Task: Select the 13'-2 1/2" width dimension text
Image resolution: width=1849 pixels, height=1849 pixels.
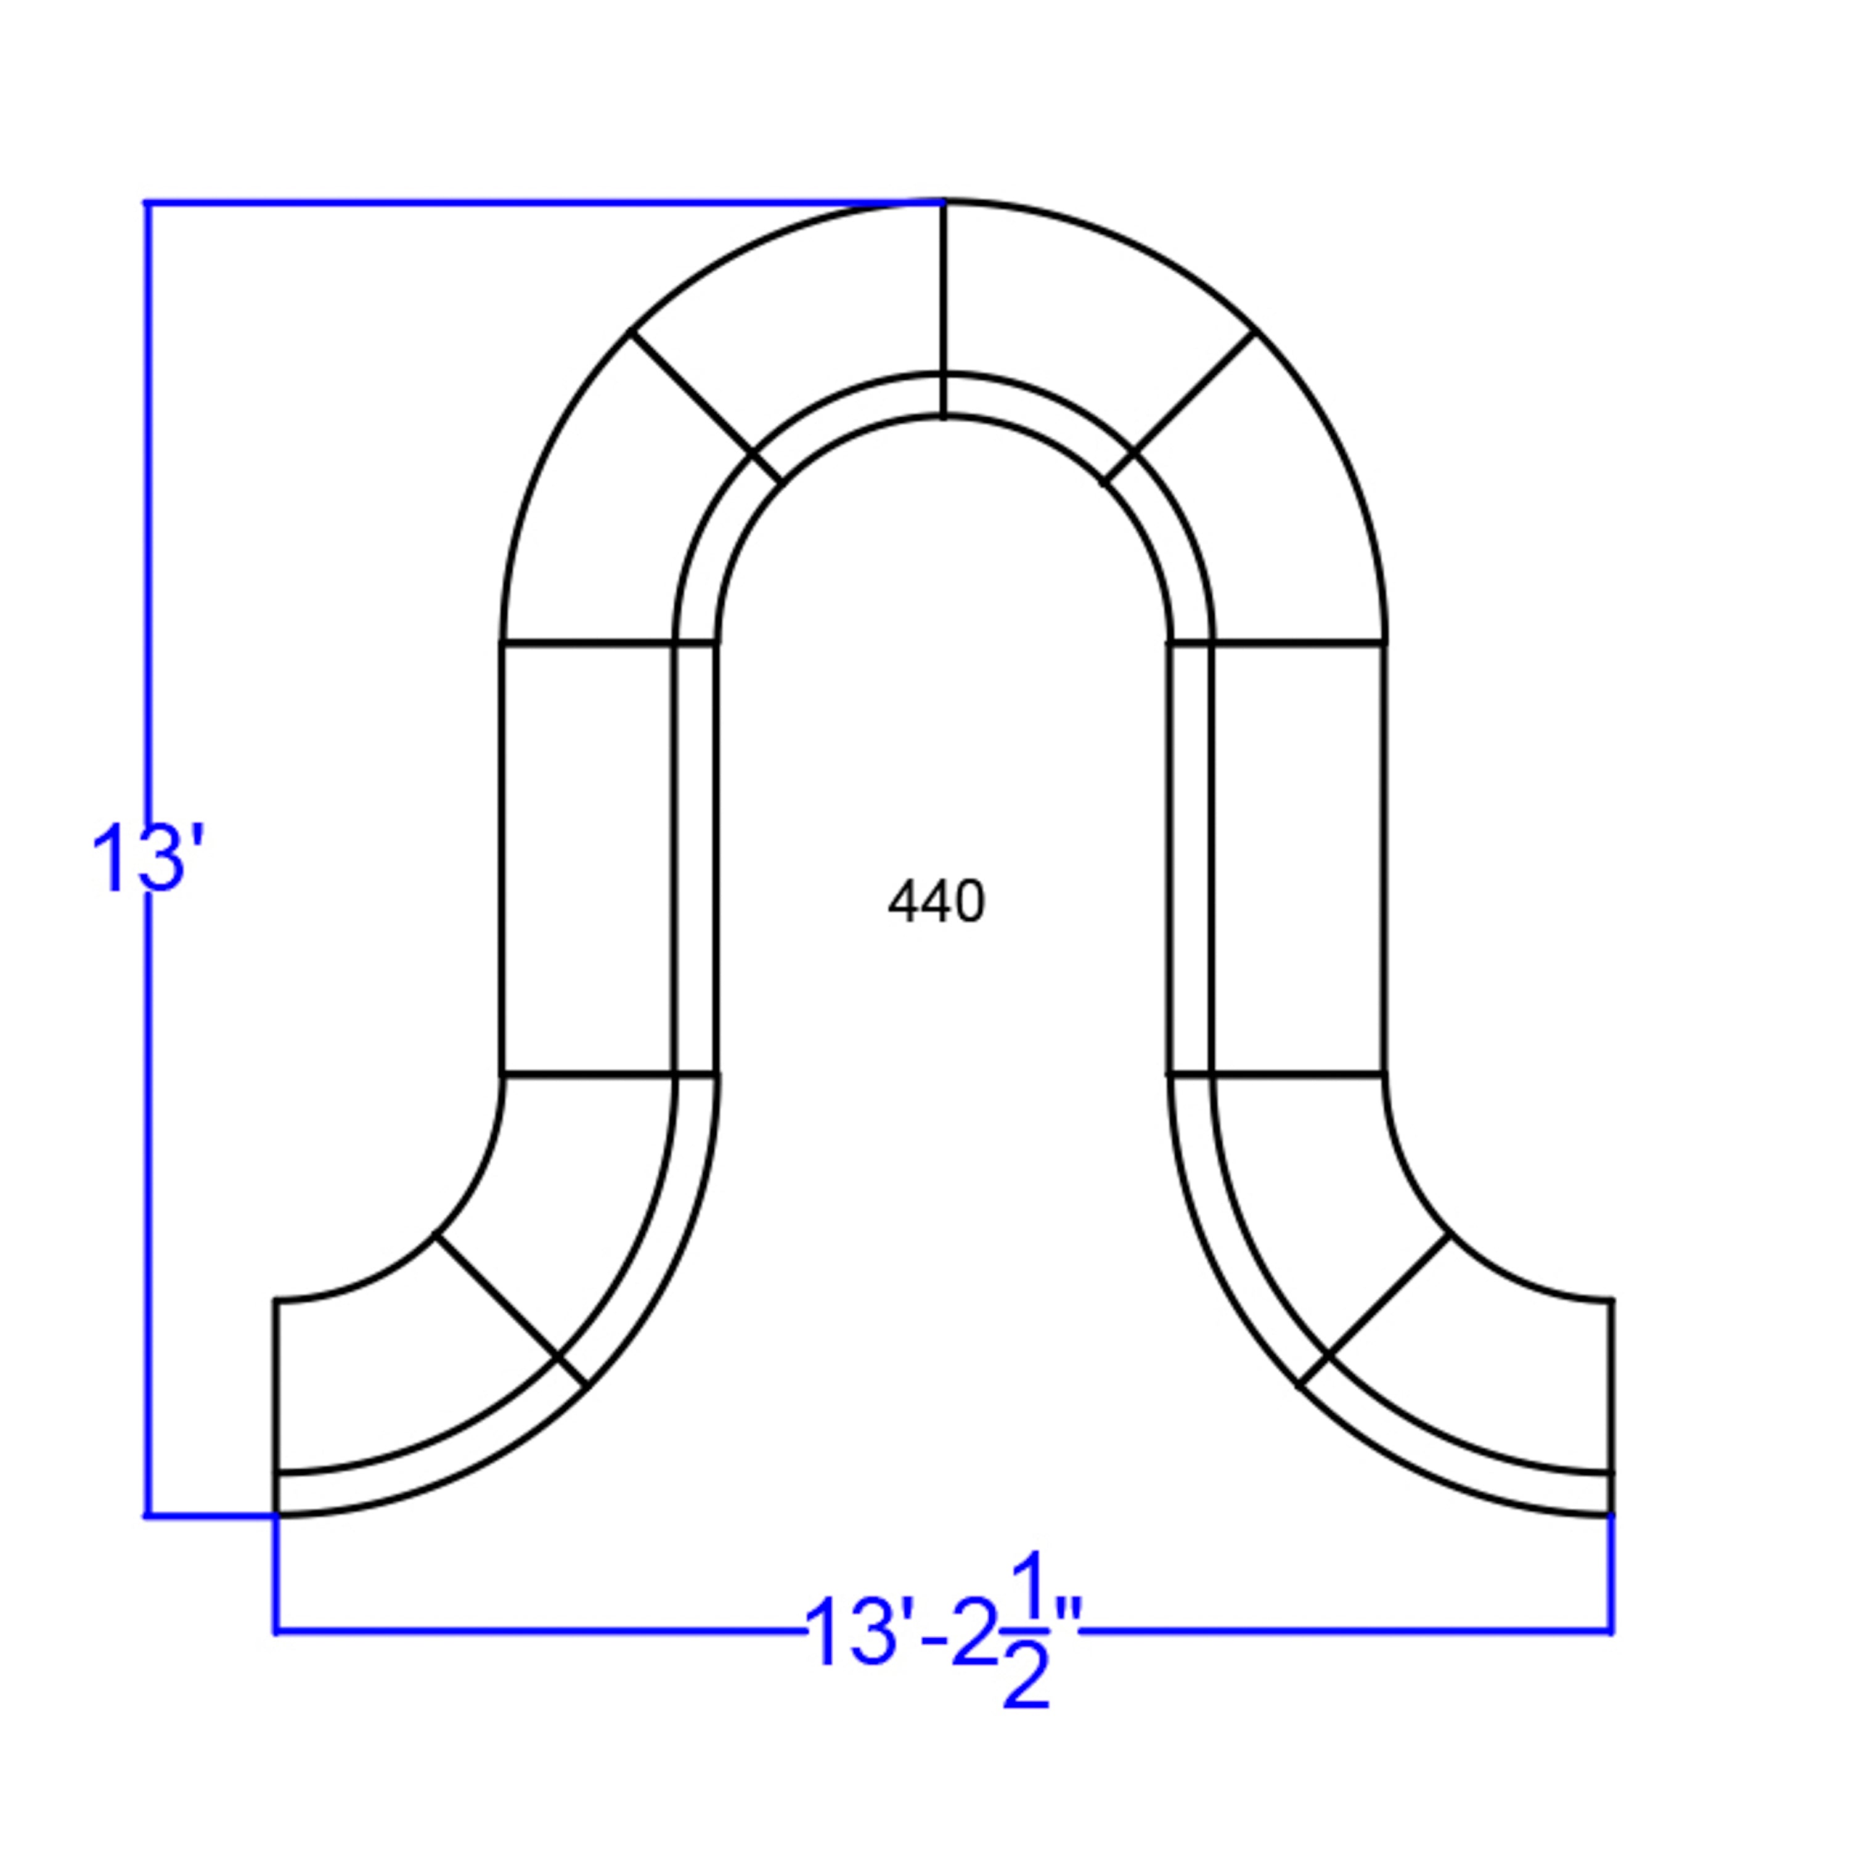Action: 943,1630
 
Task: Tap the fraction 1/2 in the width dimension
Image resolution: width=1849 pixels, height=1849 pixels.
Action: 1026,1630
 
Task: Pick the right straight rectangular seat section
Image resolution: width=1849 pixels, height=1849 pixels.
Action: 1298,859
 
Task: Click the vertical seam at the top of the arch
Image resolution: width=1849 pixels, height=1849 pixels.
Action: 944,309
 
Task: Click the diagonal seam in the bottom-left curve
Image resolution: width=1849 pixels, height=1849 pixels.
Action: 511,1309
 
